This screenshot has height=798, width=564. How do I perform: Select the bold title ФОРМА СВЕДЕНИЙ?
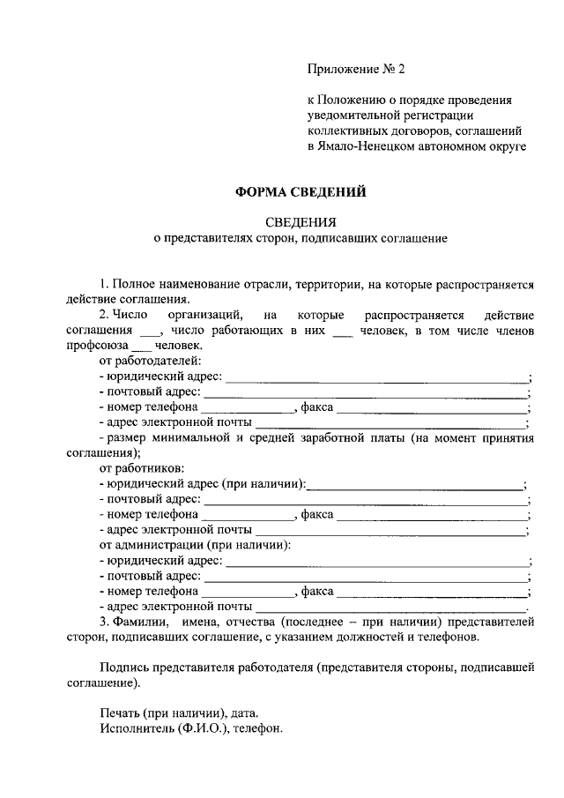tap(299, 190)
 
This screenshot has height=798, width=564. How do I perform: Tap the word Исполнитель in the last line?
tap(136, 730)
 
